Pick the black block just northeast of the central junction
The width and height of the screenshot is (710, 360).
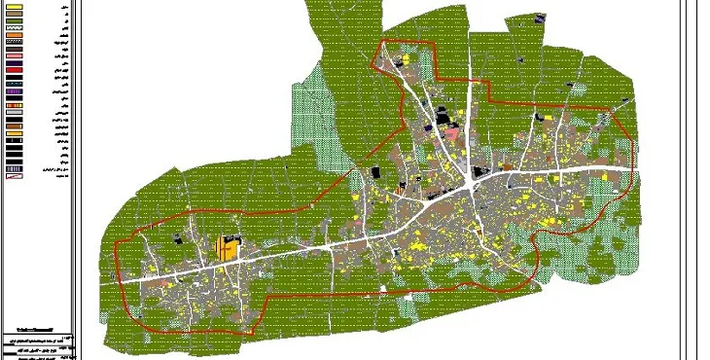[x=479, y=173]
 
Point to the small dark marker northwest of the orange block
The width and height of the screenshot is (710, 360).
[x=177, y=236]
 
